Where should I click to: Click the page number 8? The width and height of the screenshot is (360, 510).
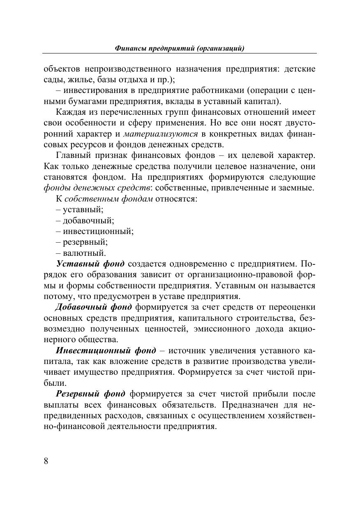pos(46,461)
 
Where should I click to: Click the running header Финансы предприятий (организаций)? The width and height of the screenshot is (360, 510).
pos(180,49)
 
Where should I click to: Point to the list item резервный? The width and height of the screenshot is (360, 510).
pos(82,242)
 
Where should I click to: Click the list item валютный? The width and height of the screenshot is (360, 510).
pos(81,253)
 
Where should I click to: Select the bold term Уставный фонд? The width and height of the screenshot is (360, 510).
pos(90,264)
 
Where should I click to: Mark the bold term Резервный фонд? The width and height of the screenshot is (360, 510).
pos(90,394)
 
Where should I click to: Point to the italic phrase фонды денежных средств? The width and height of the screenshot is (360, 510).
pos(97,188)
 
